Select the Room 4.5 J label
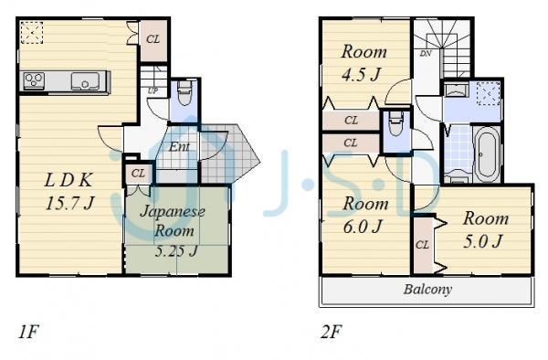[363, 64]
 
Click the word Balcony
[427, 290]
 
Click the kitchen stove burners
[34, 81]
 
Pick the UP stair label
[152, 91]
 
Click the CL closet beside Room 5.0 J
[422, 244]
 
